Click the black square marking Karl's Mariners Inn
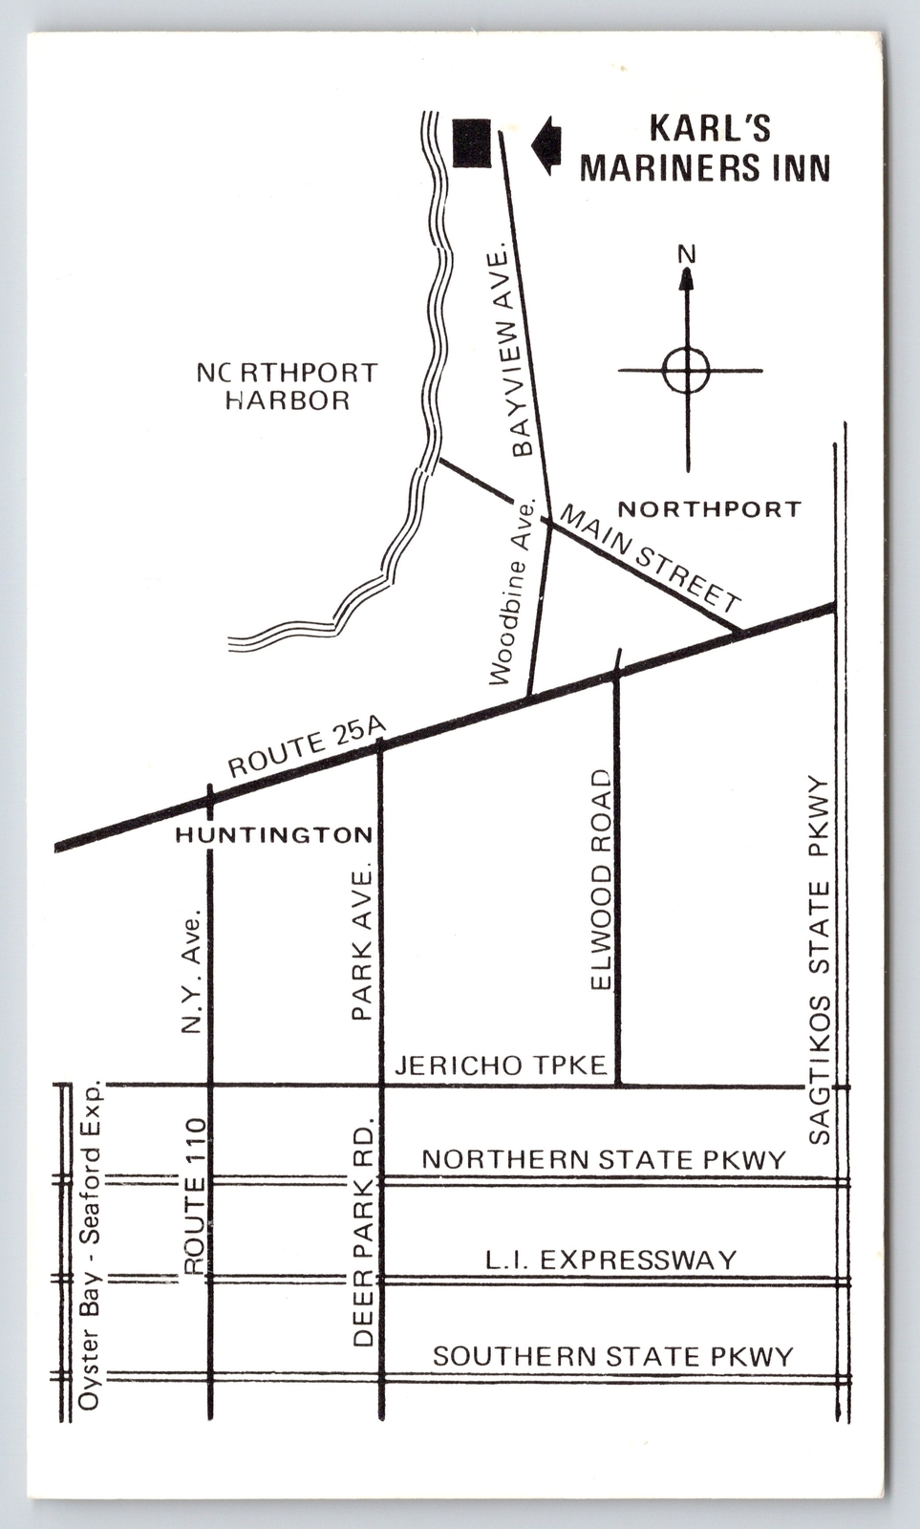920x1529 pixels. coord(471,143)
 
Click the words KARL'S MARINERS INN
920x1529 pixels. coord(705,148)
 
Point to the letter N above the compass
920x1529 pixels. coord(686,254)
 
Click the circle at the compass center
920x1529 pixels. coord(686,370)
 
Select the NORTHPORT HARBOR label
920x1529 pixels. coord(287,386)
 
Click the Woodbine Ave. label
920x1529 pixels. coord(513,592)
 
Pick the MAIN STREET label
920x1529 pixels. coord(650,558)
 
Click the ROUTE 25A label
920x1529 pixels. coord(306,746)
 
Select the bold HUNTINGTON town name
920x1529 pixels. coord(274,835)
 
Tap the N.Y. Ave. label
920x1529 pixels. coord(192,971)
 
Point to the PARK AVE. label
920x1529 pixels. coord(362,944)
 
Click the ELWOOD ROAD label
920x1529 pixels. coord(600,879)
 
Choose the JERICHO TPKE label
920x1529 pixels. coord(501,1065)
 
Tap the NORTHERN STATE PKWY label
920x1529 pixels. coord(604,1159)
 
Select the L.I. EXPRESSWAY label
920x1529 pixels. coord(610,1260)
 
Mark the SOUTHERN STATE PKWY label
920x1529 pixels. coord(612,1356)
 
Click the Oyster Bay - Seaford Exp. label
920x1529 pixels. coord(90,1246)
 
